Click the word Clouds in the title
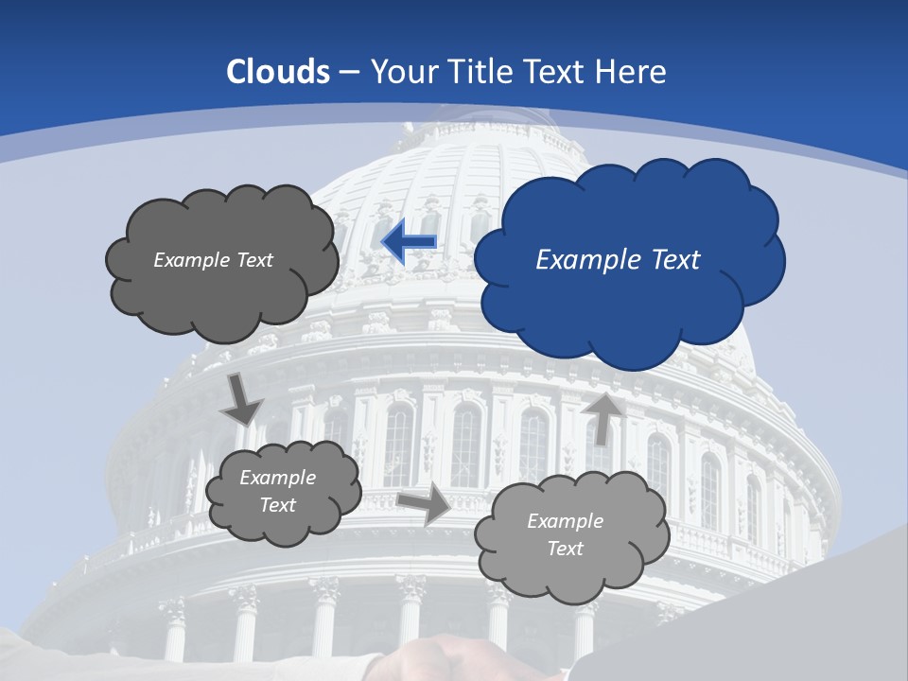(x=278, y=72)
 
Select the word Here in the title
(x=631, y=72)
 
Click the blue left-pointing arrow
(x=409, y=242)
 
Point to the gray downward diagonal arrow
(x=241, y=400)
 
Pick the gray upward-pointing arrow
(x=602, y=417)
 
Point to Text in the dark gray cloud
(x=254, y=260)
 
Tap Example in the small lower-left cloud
(x=277, y=478)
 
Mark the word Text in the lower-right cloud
(x=566, y=549)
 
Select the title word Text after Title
(x=554, y=72)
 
